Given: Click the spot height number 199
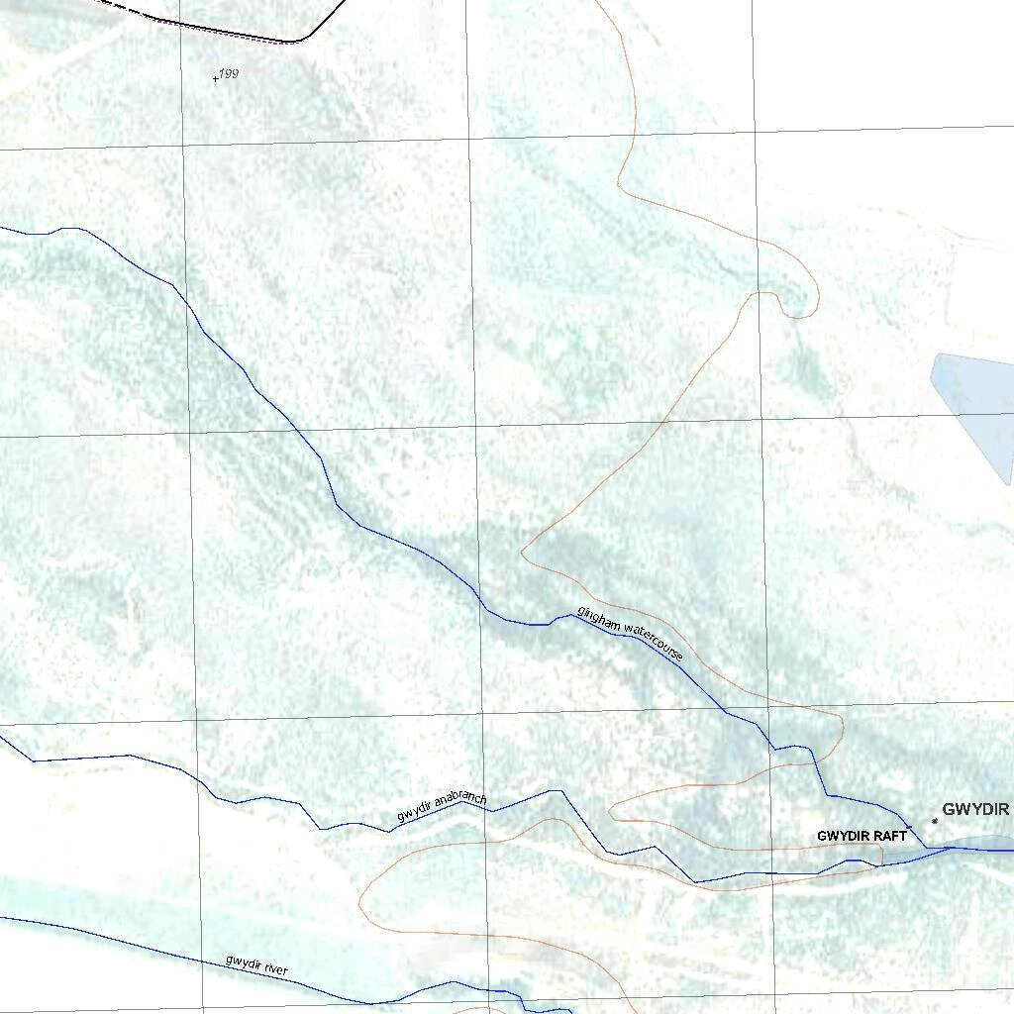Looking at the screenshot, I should tap(230, 73).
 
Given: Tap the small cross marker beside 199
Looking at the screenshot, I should tap(216, 78).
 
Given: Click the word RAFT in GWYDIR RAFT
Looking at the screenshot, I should tap(889, 836).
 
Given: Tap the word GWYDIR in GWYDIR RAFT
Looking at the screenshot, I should tap(843, 836).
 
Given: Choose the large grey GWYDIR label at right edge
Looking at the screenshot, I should tap(975, 810).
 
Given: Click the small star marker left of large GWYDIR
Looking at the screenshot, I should tap(935, 821).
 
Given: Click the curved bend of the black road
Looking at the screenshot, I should tap(302, 41).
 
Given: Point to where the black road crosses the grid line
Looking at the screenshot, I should tap(178, 21).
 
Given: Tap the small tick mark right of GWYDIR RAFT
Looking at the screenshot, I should tap(910, 827).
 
